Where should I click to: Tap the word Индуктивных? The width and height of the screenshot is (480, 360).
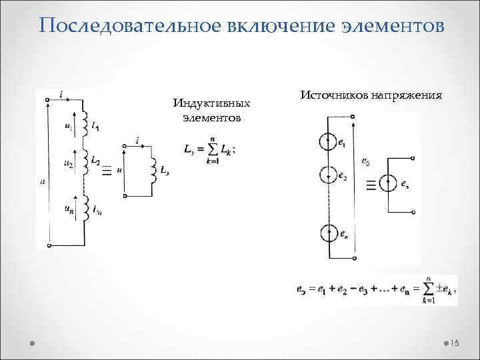211,103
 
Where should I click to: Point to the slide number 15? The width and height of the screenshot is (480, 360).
455,343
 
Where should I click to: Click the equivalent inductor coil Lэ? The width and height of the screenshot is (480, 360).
153,169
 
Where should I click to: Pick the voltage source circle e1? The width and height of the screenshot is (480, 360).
329,142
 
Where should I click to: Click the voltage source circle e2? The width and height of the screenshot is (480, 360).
329,175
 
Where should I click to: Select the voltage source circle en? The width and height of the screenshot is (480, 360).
329,233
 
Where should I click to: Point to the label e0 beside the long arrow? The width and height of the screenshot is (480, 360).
365,161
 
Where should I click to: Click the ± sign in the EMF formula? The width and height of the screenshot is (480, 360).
429,291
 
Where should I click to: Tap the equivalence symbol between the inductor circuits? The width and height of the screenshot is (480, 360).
106,171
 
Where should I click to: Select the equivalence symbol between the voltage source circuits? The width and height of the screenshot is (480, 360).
371,185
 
